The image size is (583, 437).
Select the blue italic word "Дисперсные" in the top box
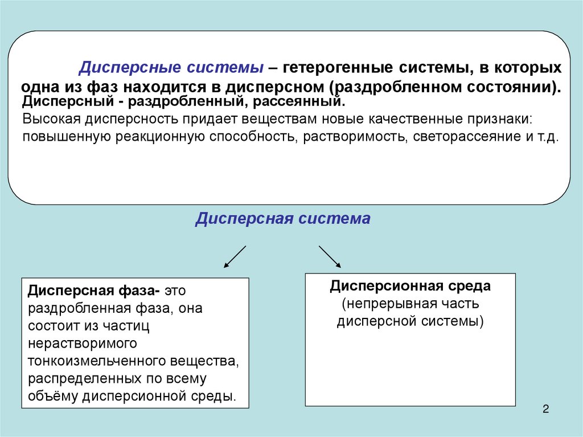click(x=127, y=68)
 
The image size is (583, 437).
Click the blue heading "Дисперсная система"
click(x=282, y=219)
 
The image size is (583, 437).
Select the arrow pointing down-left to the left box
click(x=235, y=256)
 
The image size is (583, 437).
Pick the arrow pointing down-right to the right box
click(x=330, y=256)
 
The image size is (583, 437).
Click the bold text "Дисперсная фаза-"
click(x=93, y=290)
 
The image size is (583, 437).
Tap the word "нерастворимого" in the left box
click(x=82, y=343)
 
